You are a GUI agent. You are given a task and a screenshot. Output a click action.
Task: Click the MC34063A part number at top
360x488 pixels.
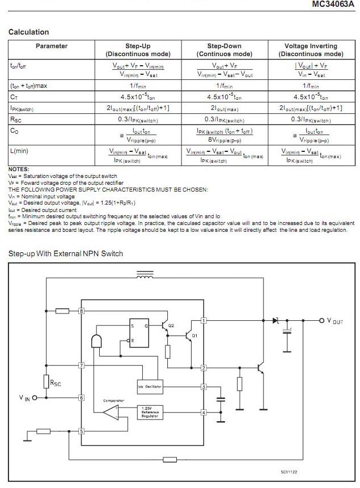tap(334, 5)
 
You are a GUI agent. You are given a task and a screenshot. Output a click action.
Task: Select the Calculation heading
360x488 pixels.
tap(28, 32)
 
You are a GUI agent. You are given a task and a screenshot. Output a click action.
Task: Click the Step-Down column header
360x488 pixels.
tap(224, 50)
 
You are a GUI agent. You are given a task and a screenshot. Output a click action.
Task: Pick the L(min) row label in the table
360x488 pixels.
tap(22, 151)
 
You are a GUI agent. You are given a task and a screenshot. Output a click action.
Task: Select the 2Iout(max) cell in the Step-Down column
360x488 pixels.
tap(225, 108)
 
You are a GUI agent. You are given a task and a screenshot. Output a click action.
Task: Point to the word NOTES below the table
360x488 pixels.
tap(19, 169)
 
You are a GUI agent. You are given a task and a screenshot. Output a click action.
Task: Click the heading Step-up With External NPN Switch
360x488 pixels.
tap(65, 254)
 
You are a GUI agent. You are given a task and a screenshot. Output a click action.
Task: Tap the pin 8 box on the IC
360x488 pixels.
tap(82, 311)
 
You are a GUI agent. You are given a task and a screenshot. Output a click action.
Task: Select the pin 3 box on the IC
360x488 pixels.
tap(204, 387)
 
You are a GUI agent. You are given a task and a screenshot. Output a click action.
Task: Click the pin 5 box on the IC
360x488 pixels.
tap(82, 431)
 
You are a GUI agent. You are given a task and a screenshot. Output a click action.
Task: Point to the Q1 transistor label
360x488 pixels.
tap(194, 336)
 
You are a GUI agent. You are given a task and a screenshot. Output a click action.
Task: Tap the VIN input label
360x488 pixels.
tap(25, 398)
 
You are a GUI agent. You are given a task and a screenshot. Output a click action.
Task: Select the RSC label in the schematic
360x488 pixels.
tap(56, 384)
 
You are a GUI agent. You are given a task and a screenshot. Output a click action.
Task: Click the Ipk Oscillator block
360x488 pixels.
tap(149, 387)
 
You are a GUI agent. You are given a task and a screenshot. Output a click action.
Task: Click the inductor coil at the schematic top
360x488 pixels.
tap(146, 276)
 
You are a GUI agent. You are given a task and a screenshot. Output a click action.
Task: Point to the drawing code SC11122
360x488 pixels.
tap(289, 471)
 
